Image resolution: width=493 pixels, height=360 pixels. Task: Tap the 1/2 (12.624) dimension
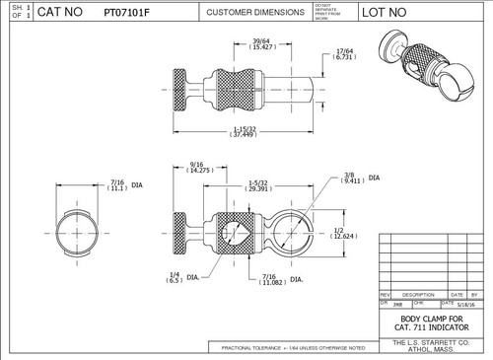coord(344,233)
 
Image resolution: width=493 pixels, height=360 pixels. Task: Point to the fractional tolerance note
coord(294,348)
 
